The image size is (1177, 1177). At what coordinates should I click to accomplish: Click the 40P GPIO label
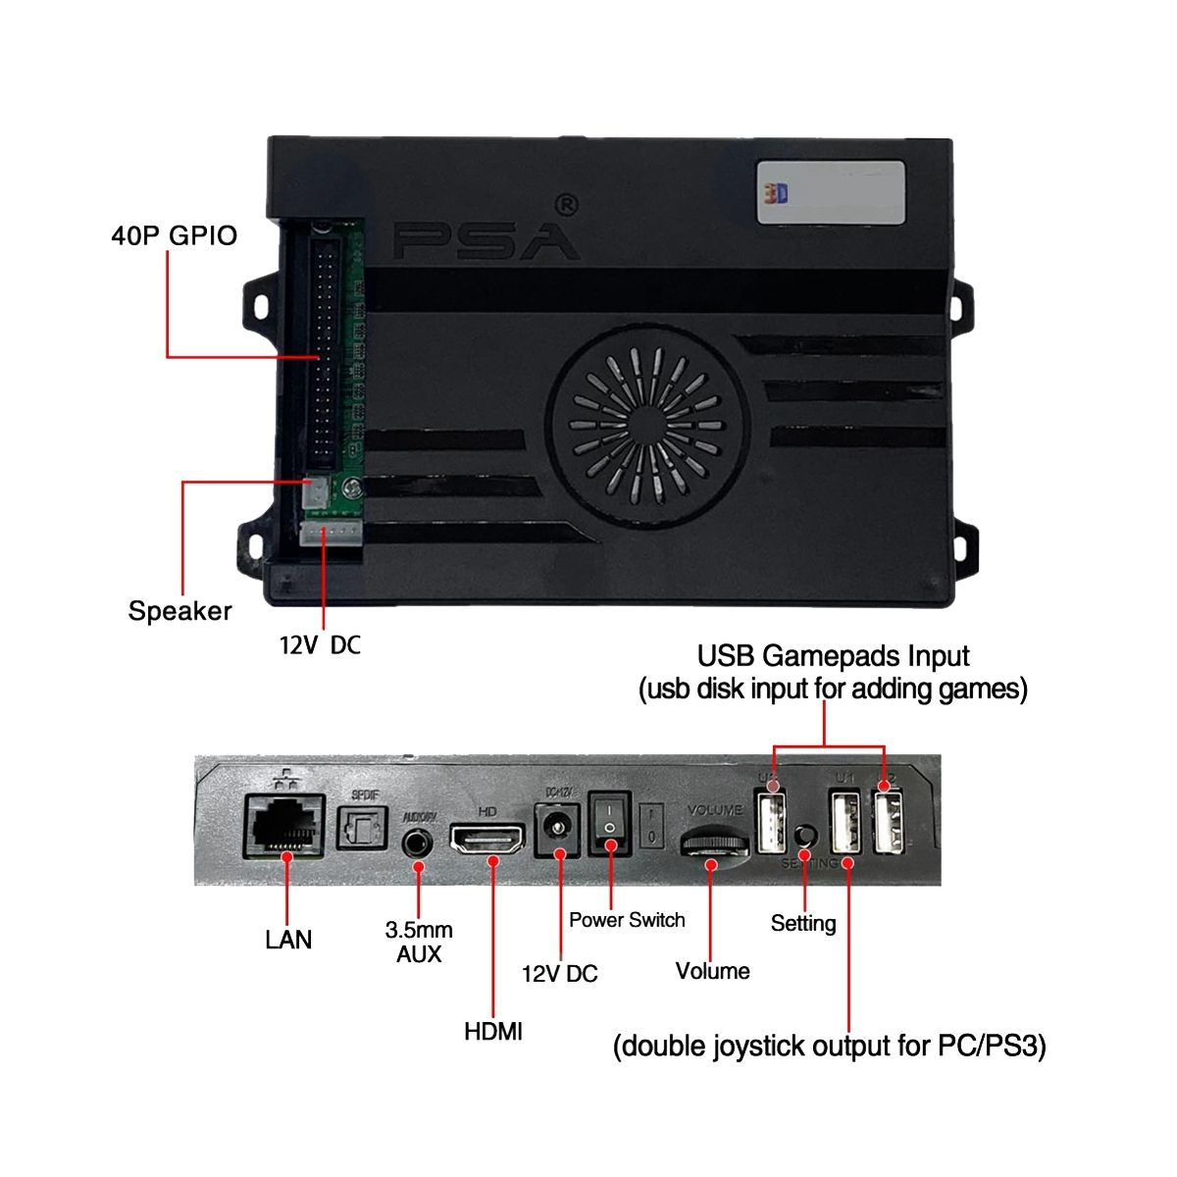coord(174,235)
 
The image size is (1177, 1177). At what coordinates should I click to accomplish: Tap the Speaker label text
coord(179,611)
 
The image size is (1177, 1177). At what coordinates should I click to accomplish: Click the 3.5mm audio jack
coord(419,842)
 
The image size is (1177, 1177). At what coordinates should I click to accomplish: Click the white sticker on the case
coord(831,192)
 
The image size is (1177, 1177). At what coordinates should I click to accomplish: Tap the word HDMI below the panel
coord(493,1031)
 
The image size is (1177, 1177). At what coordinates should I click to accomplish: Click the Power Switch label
coord(627,920)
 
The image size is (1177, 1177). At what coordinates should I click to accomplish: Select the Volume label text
coord(712,971)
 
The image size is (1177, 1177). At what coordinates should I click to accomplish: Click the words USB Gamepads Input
coord(833,655)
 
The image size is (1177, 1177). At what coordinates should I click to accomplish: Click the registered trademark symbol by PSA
coord(566,203)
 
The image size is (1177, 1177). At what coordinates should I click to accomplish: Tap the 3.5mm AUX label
coord(419,942)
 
